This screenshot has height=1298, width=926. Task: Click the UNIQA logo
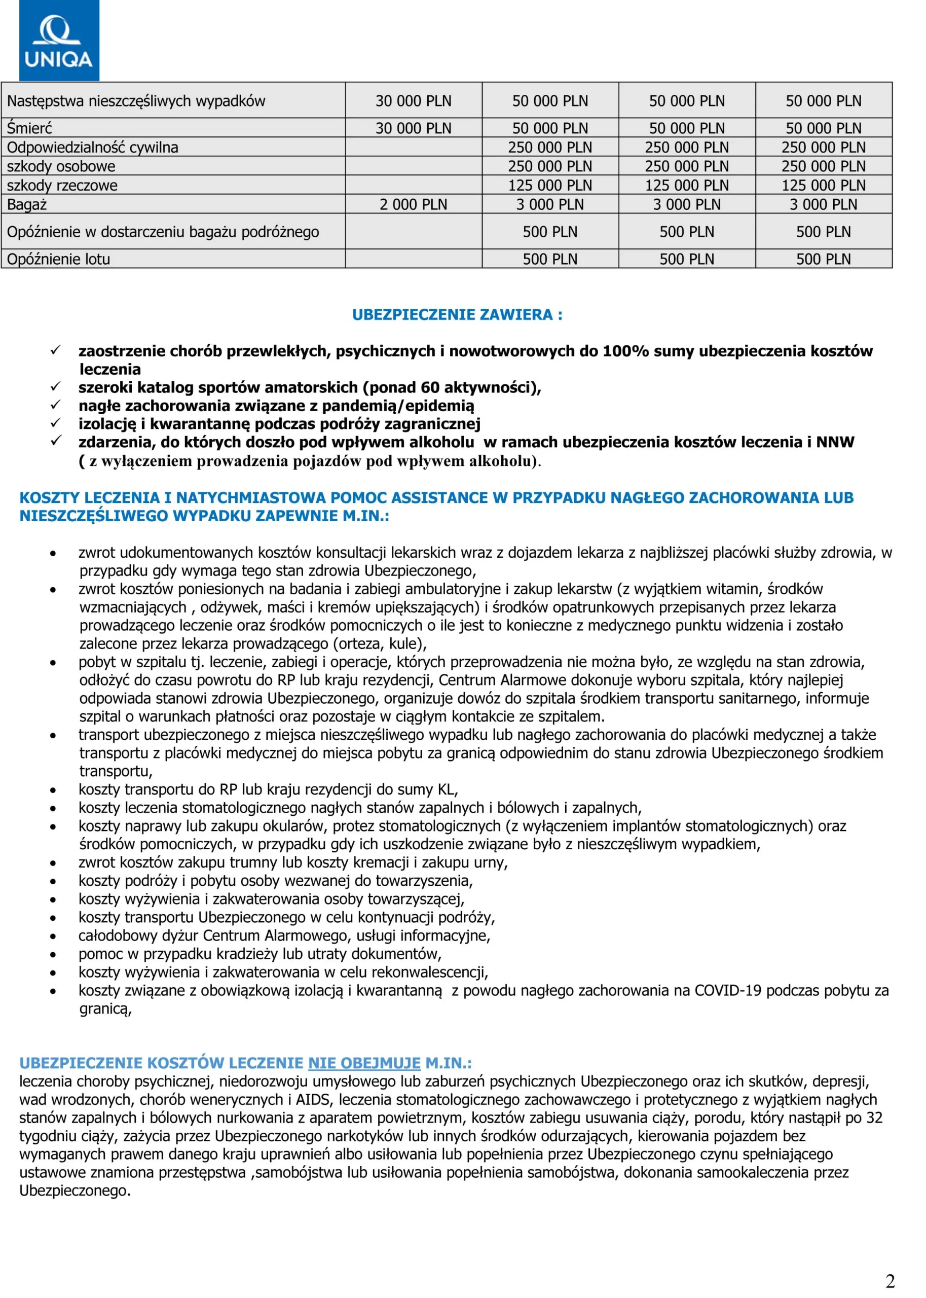pos(59,41)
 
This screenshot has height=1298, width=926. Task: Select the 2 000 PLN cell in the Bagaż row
pos(414,204)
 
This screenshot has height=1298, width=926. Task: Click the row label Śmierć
pos(29,128)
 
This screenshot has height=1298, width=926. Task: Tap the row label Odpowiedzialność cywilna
pos(92,147)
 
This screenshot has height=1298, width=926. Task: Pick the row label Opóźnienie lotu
pos(58,259)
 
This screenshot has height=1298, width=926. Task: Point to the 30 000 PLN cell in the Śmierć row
pos(414,128)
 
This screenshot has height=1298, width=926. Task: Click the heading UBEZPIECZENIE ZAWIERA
pos(457,314)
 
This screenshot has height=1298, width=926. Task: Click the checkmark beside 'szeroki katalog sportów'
pos(56,387)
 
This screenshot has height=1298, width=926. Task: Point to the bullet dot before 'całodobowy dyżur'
pos(53,936)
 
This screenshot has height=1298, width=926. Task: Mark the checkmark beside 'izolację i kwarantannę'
pos(56,423)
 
